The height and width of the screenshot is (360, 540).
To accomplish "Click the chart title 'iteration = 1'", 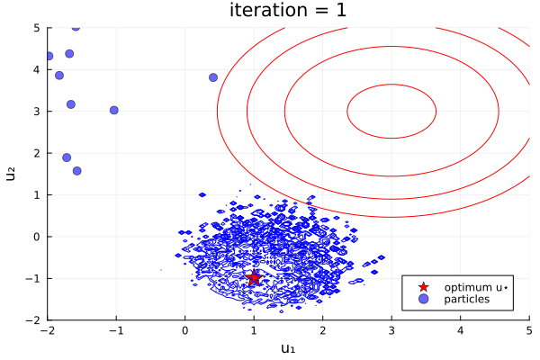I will pyautogui.click(x=287, y=12).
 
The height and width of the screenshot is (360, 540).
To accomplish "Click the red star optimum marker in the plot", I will pyautogui.click(x=254, y=277).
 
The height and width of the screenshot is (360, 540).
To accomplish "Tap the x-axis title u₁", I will pyautogui.click(x=288, y=349).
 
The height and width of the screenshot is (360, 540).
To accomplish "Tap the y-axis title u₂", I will pyautogui.click(x=12, y=173).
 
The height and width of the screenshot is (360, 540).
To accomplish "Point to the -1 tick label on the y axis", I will pyautogui.click(x=32, y=278).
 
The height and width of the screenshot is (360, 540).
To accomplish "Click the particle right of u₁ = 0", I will pyautogui.click(x=213, y=77).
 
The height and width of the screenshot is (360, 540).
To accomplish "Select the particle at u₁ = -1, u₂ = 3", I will pyautogui.click(x=114, y=110).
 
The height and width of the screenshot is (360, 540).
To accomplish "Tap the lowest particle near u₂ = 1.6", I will pyautogui.click(x=76, y=170).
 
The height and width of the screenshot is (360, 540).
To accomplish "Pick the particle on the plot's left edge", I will pyautogui.click(x=49, y=56).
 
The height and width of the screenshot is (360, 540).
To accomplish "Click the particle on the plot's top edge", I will pyautogui.click(x=76, y=27).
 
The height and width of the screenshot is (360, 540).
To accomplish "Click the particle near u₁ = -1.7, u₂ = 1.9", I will pyautogui.click(x=67, y=157).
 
